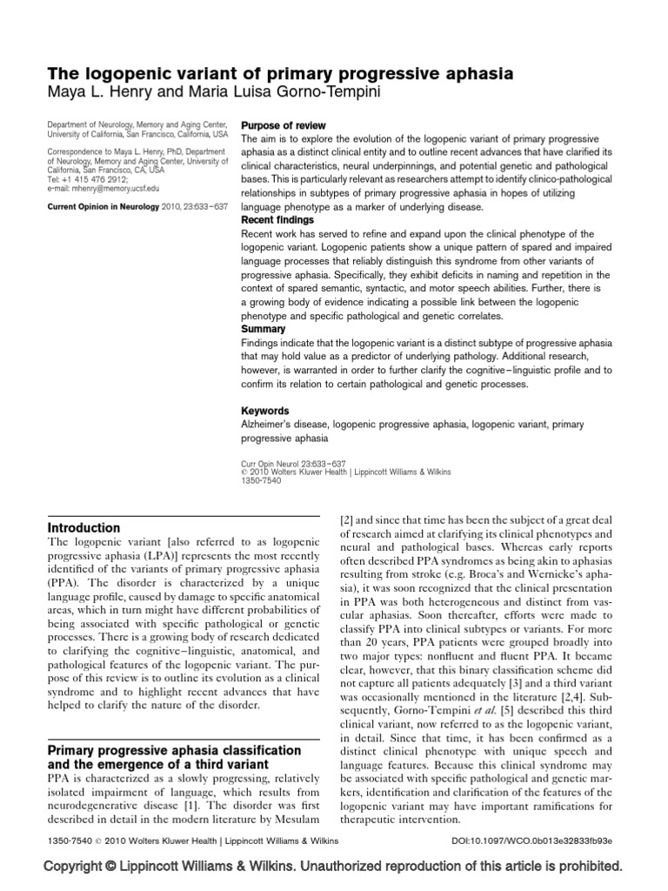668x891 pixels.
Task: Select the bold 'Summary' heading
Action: click(262, 330)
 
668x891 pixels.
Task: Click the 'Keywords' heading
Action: click(264, 410)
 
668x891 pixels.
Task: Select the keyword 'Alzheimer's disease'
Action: click(281, 425)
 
